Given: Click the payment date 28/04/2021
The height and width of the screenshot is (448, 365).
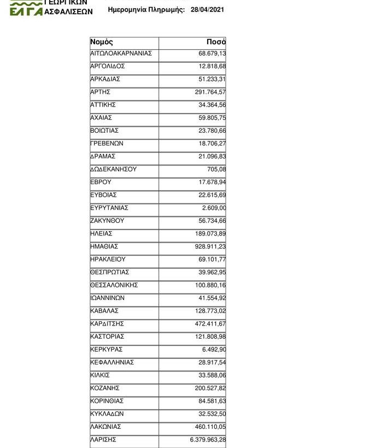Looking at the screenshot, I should [207, 10].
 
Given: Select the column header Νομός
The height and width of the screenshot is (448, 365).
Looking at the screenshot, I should [102, 42].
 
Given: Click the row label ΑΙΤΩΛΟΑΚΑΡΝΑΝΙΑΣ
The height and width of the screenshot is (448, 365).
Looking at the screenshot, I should [121, 53].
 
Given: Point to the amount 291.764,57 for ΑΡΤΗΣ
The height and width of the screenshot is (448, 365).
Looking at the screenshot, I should [210, 92].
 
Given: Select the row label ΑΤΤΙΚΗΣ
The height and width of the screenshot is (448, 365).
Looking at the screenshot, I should [103, 104].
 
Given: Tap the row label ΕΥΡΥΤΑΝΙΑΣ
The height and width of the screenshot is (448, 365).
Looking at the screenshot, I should [109, 208].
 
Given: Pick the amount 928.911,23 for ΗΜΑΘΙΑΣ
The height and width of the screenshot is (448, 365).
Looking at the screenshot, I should [210, 246].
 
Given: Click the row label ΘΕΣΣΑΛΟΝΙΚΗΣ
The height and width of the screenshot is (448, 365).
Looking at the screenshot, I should [114, 285].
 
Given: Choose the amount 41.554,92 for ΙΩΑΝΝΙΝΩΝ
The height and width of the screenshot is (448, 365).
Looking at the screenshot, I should [212, 298].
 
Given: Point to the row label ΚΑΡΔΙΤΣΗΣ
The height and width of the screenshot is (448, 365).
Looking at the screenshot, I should [107, 323].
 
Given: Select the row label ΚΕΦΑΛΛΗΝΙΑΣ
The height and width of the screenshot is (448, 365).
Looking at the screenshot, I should [112, 362].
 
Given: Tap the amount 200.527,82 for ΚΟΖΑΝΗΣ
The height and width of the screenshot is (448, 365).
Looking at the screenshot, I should [210, 388].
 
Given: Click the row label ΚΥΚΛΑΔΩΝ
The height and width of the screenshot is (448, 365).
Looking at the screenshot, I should [107, 414].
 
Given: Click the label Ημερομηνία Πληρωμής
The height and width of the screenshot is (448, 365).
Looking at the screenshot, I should [147, 10].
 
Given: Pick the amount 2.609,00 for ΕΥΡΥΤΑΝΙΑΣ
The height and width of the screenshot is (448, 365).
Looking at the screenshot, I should [214, 208].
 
